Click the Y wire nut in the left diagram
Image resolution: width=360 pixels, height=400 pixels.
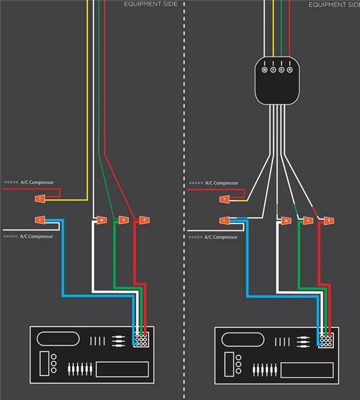tap(40, 198)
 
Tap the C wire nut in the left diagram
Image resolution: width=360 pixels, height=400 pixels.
tap(40, 220)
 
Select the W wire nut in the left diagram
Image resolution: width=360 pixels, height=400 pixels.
tap(101, 220)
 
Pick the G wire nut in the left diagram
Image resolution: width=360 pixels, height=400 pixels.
tap(122, 220)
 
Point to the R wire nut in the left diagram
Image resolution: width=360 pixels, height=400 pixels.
tap(144, 220)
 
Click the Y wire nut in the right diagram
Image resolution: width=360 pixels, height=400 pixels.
tap(225, 198)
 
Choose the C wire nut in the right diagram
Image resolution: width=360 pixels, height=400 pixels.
tap(225, 220)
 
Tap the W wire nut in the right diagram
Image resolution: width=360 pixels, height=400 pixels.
tap(286, 220)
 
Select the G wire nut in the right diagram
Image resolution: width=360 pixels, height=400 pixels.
tap(308, 220)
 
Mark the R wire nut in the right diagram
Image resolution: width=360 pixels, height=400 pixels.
tap(329, 220)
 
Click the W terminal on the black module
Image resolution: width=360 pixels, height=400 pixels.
tap(265, 70)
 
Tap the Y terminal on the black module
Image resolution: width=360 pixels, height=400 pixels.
tap(273, 70)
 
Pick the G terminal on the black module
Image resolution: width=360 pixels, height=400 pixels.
tap(281, 70)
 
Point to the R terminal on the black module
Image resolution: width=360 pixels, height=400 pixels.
tap(290, 70)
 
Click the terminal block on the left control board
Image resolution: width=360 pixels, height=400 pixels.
tap(142, 339)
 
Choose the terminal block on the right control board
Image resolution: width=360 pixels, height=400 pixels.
tap(326, 339)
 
